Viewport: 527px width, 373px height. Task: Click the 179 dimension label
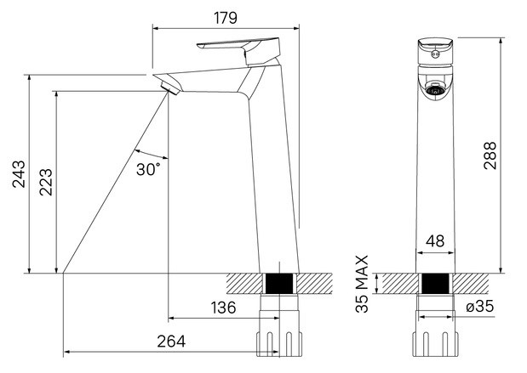click(226, 18)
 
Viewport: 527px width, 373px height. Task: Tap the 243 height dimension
click(19, 173)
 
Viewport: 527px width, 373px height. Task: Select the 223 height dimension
click(46, 182)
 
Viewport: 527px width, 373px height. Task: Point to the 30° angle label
click(148, 169)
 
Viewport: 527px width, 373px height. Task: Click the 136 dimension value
click(224, 308)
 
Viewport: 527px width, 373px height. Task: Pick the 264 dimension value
click(171, 341)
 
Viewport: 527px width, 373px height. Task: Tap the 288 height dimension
click(490, 155)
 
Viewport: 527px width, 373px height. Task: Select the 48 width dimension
click(435, 240)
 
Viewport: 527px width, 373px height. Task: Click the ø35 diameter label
click(480, 306)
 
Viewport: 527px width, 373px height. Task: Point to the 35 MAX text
click(362, 284)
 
